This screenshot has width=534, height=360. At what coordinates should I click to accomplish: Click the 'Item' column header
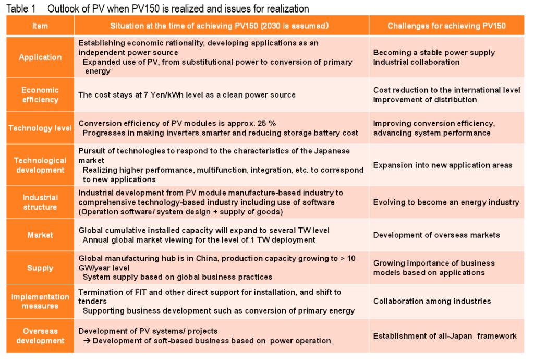40,26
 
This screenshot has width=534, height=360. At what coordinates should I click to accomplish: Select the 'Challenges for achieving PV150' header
446,26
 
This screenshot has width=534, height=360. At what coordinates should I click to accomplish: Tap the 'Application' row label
40,57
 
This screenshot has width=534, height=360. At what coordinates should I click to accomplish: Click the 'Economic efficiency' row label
40,94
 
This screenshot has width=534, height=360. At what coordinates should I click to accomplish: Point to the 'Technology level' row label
40,128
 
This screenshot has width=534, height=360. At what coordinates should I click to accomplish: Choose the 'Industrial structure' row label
40,202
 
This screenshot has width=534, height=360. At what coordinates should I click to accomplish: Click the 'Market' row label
40,235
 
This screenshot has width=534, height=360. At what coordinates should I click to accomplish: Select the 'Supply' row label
40,268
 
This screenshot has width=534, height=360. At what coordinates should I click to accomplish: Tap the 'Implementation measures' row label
40,301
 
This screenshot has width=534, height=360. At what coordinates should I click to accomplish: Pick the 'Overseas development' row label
40,335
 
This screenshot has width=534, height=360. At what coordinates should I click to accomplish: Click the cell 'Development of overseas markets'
436,235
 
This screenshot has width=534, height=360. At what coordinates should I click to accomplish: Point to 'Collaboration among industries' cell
432,301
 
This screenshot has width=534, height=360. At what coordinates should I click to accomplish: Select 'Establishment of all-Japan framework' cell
445,335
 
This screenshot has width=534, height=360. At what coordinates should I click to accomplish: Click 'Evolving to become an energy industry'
446,202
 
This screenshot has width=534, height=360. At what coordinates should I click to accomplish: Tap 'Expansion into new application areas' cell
443,165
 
